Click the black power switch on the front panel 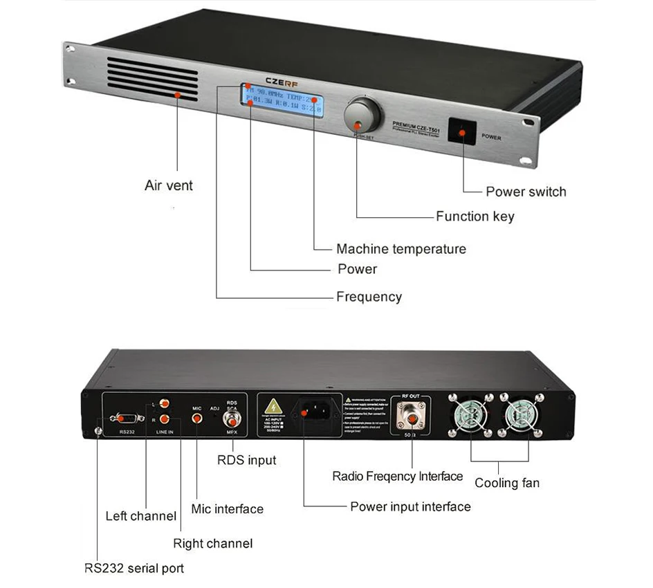click(x=462, y=131)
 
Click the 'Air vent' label click(x=169, y=185)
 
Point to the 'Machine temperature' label click(x=401, y=249)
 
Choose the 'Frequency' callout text click(x=369, y=297)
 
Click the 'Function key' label click(x=475, y=217)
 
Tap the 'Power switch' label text click(x=526, y=192)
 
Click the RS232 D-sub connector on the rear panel click(x=126, y=418)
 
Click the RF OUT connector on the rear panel click(x=411, y=416)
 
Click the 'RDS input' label click(x=247, y=460)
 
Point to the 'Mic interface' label click(x=228, y=509)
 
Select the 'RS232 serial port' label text click(x=134, y=568)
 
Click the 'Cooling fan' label click(x=507, y=483)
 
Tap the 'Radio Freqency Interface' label click(x=398, y=476)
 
